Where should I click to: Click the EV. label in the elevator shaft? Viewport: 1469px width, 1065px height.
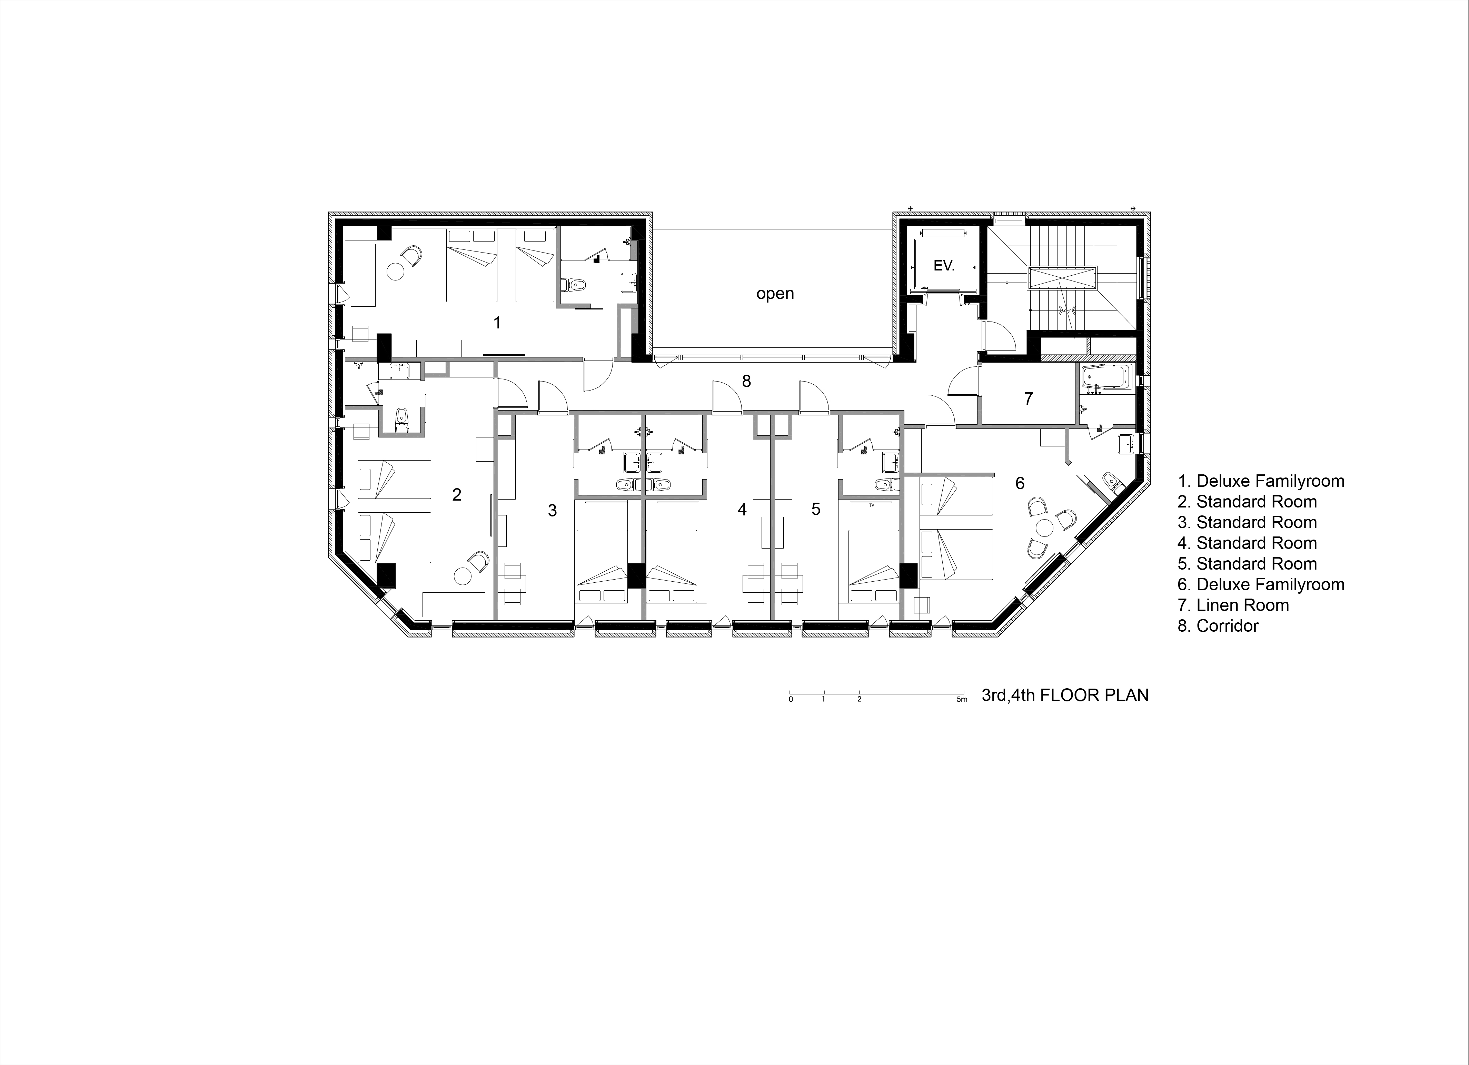click(x=944, y=266)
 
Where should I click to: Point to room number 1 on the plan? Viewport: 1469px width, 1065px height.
click(x=497, y=322)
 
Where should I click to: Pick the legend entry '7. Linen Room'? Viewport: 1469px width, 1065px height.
click(x=1233, y=605)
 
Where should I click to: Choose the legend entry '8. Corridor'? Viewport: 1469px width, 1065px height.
click(x=1218, y=626)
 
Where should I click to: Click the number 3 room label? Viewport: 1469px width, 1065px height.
click(x=552, y=511)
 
